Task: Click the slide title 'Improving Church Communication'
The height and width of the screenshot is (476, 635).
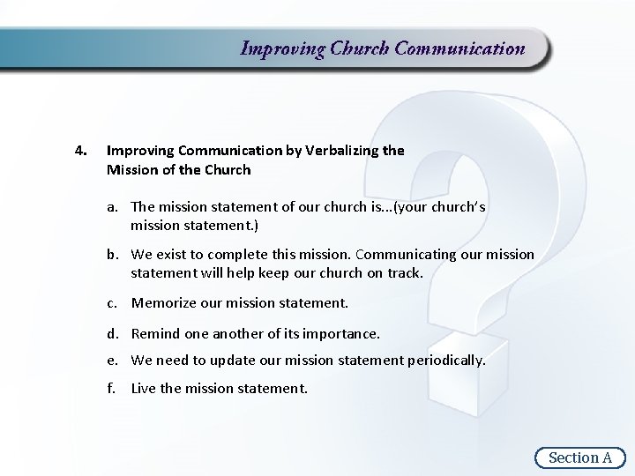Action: [383, 48]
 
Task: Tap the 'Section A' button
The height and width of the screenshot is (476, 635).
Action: [579, 457]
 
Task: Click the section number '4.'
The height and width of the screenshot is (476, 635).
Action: [80, 151]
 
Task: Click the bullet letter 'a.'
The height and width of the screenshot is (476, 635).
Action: [115, 207]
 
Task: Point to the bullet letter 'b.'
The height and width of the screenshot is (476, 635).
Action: [115, 255]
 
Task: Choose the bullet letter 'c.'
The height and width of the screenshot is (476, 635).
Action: [115, 303]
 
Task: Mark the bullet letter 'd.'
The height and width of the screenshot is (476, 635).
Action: [115, 333]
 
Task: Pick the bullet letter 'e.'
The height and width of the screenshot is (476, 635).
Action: [115, 361]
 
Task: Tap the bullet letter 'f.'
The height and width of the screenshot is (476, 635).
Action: [114, 388]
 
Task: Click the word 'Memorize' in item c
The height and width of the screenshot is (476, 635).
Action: [163, 303]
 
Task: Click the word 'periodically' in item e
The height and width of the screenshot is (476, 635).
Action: [445, 361]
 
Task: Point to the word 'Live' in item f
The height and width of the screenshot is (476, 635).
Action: [145, 388]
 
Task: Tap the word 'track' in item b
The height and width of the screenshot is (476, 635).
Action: [403, 273]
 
